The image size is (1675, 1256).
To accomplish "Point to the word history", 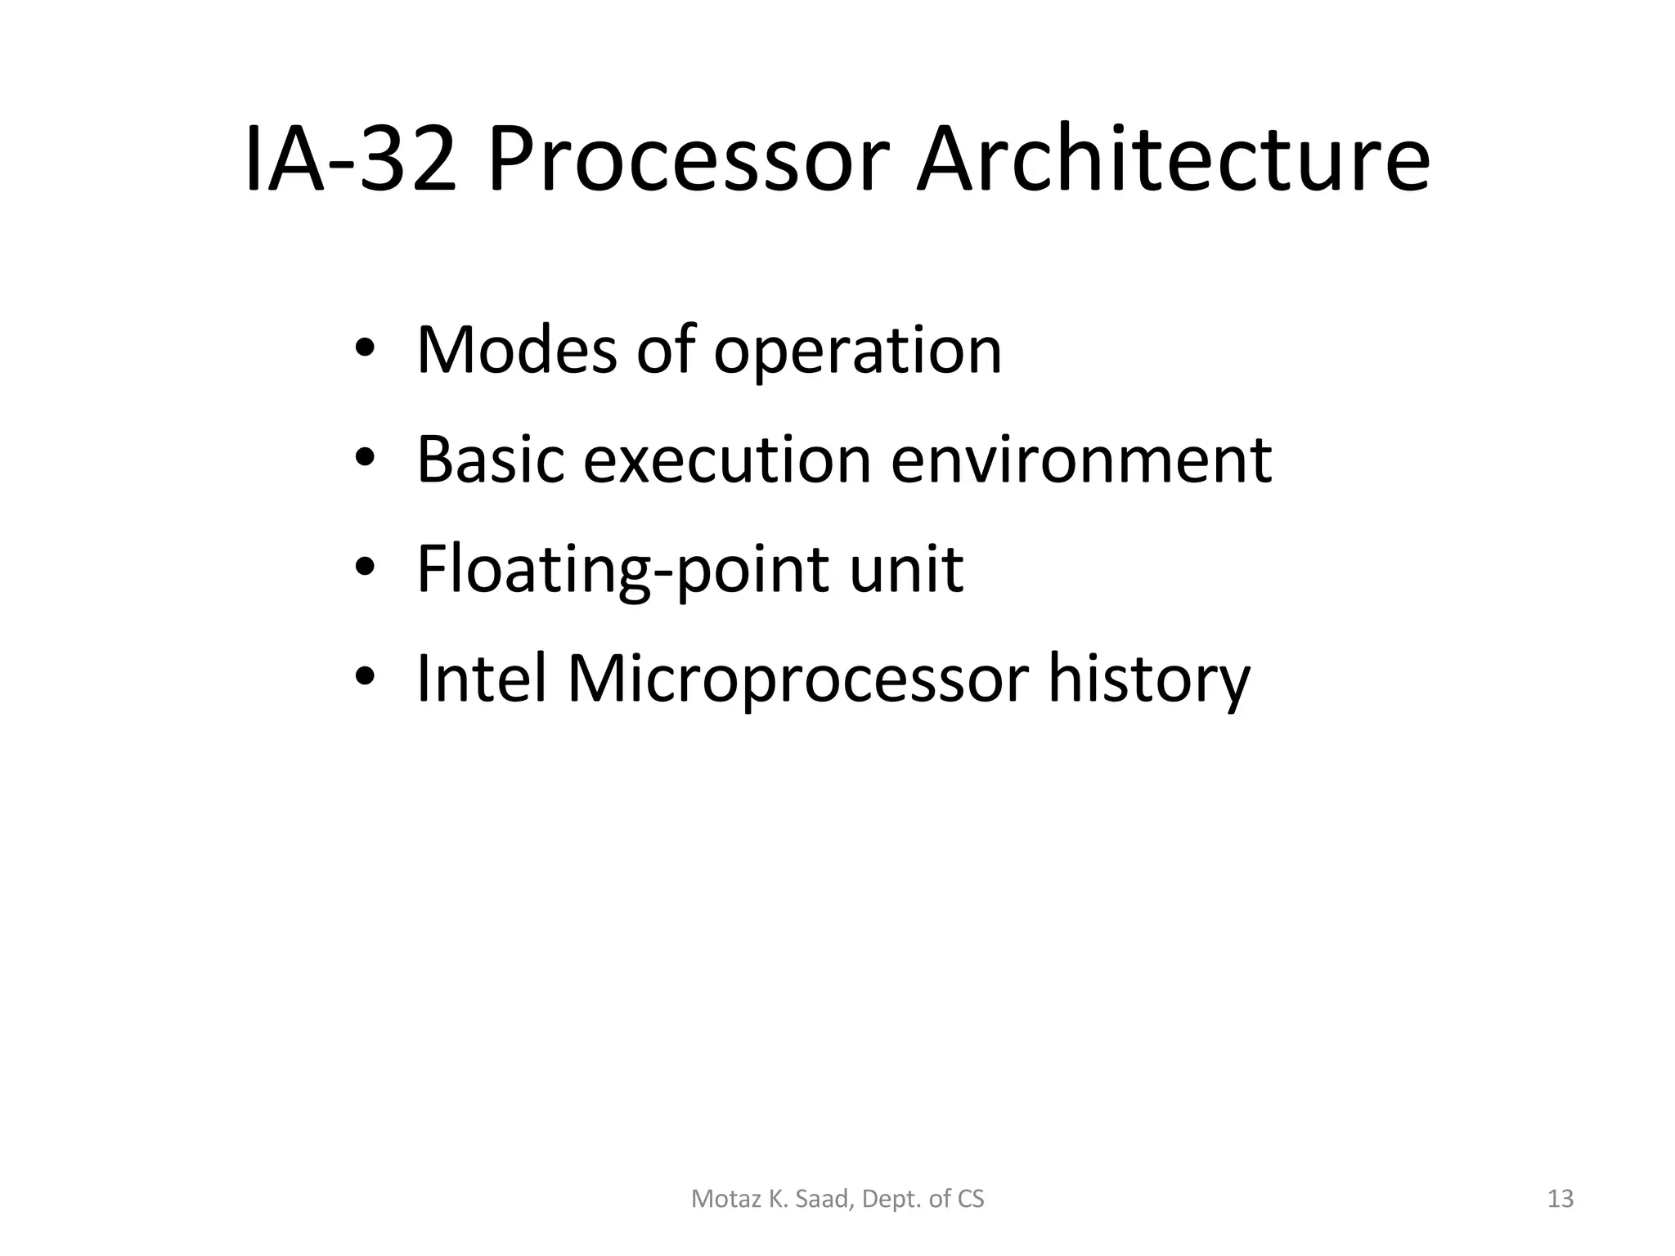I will point(1149,680).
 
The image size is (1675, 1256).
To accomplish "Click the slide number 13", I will point(1560,1199).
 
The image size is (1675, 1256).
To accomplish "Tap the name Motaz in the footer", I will point(717,1199).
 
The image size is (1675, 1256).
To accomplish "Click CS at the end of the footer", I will point(971,1199).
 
